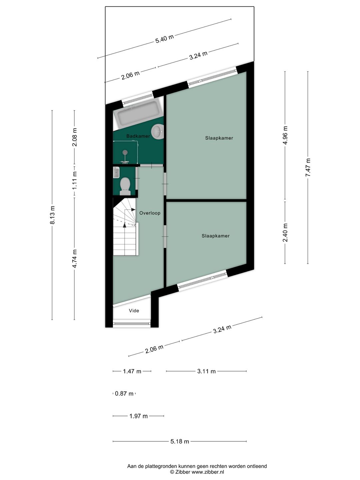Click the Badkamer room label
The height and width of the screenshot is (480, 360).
point(138,136)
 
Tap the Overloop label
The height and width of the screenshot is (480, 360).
point(150,213)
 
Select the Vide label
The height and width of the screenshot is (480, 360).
point(134,311)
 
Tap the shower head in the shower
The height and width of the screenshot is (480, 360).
point(125,153)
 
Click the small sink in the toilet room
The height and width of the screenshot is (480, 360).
point(116,172)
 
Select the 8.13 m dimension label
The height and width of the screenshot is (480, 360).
point(52,215)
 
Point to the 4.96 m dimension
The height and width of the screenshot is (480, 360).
point(285,135)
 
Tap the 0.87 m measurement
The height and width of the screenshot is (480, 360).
point(124,394)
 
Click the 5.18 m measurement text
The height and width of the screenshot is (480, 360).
point(180,441)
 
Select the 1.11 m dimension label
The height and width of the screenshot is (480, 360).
point(75,180)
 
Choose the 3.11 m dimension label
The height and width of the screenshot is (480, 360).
point(206,371)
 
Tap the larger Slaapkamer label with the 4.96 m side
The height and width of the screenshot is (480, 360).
point(219,138)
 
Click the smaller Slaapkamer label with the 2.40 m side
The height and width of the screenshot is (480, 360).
point(215,236)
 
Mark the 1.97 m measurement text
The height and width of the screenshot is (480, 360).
point(138,416)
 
